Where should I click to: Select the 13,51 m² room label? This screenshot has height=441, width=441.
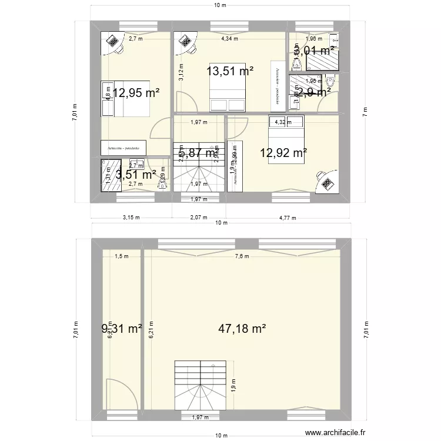click(230, 71)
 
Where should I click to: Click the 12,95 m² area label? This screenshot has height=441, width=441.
click(136, 92)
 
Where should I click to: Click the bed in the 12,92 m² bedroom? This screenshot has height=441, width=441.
click(287, 140)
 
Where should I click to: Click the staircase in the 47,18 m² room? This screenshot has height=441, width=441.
click(200, 386)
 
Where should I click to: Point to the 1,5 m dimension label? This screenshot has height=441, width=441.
click(121, 256)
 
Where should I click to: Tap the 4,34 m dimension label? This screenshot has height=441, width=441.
click(229, 39)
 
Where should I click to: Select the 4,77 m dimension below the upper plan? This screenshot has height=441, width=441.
click(288, 217)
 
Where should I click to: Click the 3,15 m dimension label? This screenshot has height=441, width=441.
click(131, 217)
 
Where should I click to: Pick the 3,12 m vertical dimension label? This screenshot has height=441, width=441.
click(182, 72)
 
